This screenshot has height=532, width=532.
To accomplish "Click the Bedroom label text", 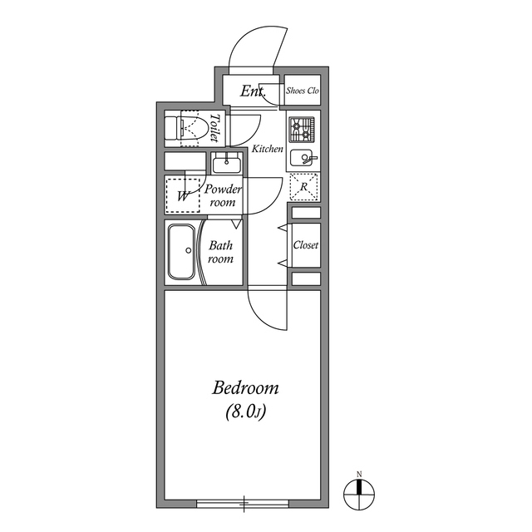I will pyautogui.click(x=245, y=388).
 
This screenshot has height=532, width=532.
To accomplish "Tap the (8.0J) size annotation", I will pyautogui.click(x=245, y=411).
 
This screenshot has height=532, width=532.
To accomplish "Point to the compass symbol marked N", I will pyautogui.click(x=360, y=492).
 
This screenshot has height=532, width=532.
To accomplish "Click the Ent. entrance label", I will pyautogui.click(x=252, y=91).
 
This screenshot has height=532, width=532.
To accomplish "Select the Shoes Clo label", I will pyautogui.click(x=303, y=91).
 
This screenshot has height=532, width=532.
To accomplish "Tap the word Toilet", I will pyautogui.click(x=214, y=128).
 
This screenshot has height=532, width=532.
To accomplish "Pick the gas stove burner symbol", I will pyautogui.click(x=300, y=129).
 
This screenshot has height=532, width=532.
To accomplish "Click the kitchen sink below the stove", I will pyautogui.click(x=304, y=158).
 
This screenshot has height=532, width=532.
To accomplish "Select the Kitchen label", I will pyautogui.click(x=268, y=150).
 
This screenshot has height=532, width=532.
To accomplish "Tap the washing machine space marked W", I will pyautogui.click(x=183, y=196).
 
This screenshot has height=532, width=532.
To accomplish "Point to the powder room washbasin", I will pyautogui.click(x=224, y=161).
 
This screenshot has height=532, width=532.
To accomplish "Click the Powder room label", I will pyautogui.click(x=223, y=195).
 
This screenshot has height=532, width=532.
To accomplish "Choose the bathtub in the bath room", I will pyautogui.click(x=182, y=252).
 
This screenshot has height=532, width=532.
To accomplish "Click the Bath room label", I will pyautogui.click(x=220, y=252).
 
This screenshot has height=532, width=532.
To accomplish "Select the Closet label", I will pyautogui.click(x=306, y=246).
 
